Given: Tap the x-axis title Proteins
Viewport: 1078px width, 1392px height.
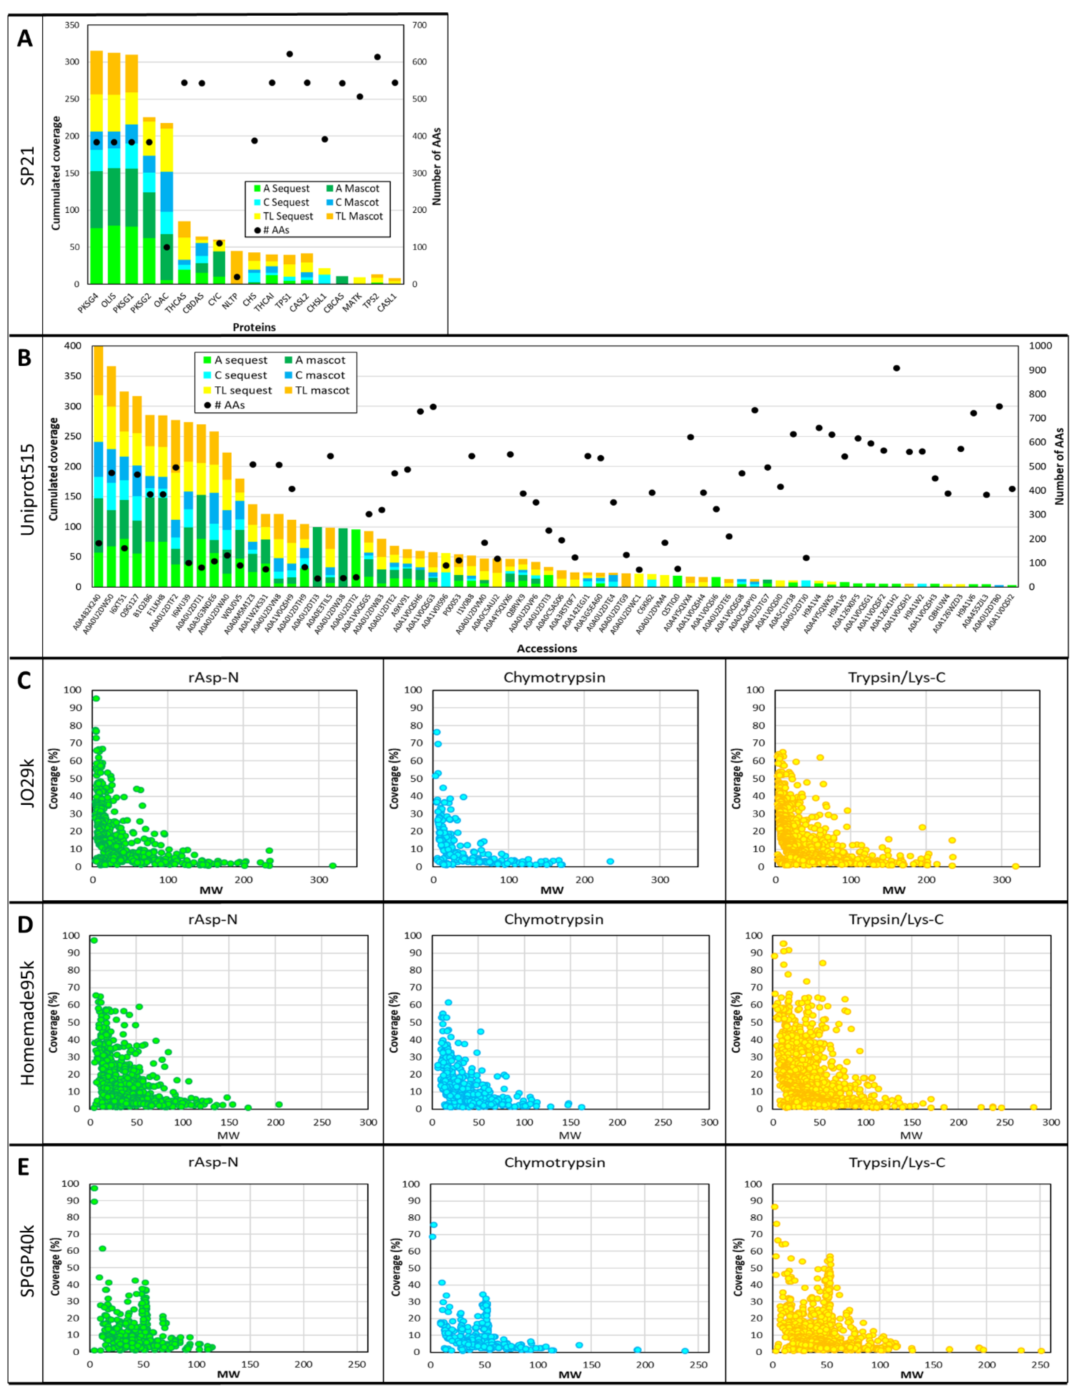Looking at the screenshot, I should click(x=254, y=327).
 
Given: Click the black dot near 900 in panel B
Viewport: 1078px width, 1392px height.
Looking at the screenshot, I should click(x=896, y=369).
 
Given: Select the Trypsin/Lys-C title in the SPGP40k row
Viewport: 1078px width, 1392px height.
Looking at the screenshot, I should click(x=896, y=1163).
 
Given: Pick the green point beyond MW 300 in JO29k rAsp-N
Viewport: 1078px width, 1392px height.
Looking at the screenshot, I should click(x=332, y=866).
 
